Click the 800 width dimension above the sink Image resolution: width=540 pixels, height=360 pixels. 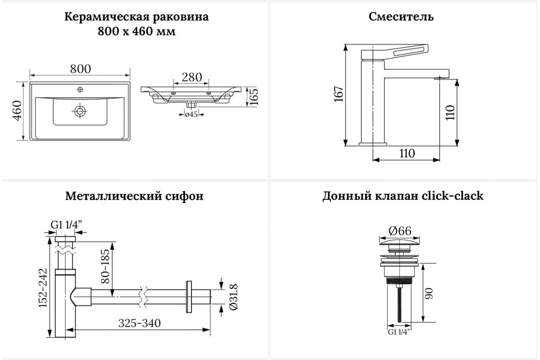click(81, 69)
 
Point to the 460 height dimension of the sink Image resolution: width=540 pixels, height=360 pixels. click(17, 111)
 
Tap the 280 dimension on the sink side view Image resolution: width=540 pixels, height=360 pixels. click(192, 77)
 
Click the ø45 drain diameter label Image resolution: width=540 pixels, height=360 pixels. click(192, 115)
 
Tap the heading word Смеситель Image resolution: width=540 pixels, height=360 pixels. click(401, 17)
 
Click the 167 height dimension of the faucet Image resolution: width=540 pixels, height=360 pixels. click(339, 94)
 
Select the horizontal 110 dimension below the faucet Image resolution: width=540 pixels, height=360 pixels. click(406, 153)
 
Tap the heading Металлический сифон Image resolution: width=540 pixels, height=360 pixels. click(134, 196)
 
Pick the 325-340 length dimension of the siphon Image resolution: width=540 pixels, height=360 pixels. click(139, 323)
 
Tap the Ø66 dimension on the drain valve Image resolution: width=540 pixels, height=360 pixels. click(400, 231)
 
